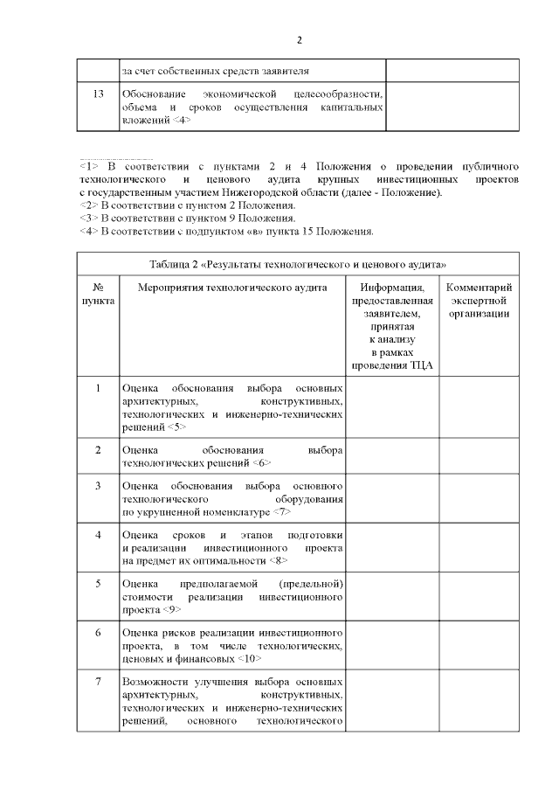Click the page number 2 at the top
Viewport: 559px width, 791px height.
point(299,40)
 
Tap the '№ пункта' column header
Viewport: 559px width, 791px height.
point(99,294)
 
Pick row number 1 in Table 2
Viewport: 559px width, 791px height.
point(99,387)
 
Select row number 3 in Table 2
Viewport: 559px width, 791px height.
point(99,485)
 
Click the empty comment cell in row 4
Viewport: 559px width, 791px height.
point(479,546)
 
